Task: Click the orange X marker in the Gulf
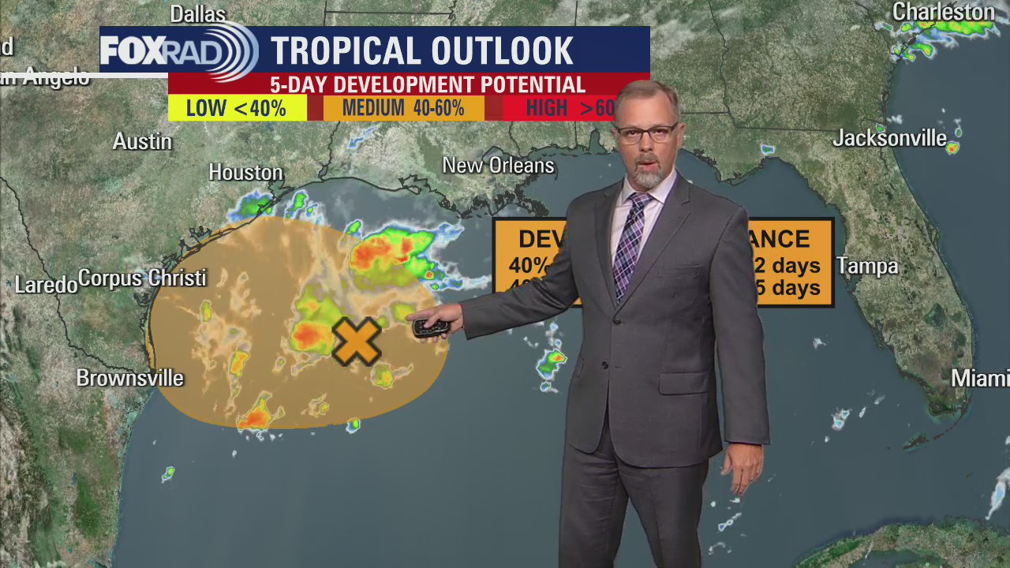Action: [x=357, y=342]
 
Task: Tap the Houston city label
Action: [x=245, y=172]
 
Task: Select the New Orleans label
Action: [x=498, y=166]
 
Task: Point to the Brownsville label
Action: [x=130, y=379]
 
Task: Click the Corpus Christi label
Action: [x=142, y=278]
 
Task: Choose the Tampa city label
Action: [x=867, y=267]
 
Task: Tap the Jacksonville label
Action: [x=889, y=139]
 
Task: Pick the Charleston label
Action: [x=943, y=13]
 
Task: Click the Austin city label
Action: [x=142, y=142]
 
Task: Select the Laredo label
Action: [x=46, y=285]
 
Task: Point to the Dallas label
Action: [x=198, y=13]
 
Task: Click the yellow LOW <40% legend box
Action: [x=237, y=108]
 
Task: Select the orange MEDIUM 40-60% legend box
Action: [x=403, y=108]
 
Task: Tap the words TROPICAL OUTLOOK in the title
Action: [x=422, y=51]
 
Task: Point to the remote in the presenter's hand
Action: [x=431, y=327]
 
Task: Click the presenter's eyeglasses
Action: [x=645, y=133]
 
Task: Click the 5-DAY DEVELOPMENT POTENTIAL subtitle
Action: [x=427, y=84]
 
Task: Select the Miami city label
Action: [x=979, y=379]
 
